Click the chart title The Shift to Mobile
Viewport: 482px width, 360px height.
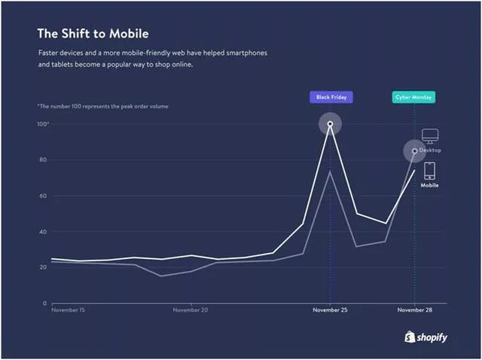click(93, 34)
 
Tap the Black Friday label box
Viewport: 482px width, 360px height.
click(330, 97)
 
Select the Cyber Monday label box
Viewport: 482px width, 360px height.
click(413, 97)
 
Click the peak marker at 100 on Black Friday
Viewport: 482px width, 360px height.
click(330, 124)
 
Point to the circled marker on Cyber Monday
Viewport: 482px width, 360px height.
click(414, 151)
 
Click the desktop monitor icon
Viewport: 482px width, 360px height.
click(429, 136)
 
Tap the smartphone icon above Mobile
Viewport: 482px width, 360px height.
click(429, 170)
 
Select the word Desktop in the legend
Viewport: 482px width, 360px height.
click(430, 151)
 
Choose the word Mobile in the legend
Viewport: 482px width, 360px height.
click(429, 185)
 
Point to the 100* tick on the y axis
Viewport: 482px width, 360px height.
click(42, 124)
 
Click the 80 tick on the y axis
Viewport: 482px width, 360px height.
click(43, 160)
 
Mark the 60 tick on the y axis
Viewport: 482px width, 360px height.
click(43, 196)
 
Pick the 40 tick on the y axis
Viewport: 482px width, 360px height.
click(43, 231)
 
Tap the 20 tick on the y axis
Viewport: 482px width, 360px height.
click(43, 267)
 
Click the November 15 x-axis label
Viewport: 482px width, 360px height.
click(68, 310)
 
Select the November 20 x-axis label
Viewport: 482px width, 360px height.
click(191, 310)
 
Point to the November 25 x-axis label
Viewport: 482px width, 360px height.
click(330, 310)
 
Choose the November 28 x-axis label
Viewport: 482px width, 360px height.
click(414, 310)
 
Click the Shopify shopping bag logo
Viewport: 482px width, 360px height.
click(410, 337)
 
